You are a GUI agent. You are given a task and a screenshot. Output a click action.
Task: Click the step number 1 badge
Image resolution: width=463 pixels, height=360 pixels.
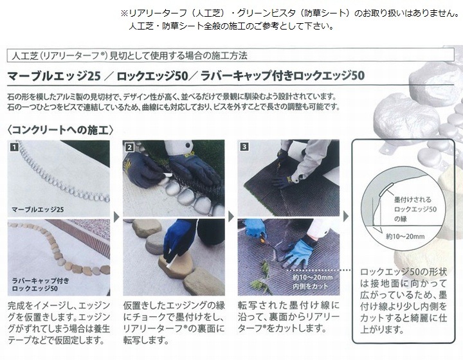pos(14,147)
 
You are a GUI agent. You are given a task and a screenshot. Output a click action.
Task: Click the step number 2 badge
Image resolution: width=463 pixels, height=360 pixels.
pos(129,147)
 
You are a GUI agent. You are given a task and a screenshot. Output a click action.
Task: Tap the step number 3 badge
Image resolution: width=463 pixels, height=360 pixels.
pos(244,147)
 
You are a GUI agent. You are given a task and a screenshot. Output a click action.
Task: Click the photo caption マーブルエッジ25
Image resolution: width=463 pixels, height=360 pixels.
pos(37,210)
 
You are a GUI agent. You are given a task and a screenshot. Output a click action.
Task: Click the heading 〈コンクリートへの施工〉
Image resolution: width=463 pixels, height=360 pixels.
pos(60,130)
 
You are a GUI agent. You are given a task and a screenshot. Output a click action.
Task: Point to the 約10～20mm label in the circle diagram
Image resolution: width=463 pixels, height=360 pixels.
pos(405,237)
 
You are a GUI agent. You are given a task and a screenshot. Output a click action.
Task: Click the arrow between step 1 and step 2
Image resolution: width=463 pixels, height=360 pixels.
pos(116,217)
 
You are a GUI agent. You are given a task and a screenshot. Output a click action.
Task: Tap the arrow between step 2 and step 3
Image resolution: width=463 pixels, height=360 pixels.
pos(232,217)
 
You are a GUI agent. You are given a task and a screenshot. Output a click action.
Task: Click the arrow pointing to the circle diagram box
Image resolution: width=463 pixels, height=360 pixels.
pos(346,217)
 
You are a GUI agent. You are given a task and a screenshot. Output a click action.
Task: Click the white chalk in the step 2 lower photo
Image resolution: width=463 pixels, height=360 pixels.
pos(169,261)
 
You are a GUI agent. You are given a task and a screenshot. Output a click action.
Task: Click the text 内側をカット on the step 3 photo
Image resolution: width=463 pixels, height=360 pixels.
pos(311,286)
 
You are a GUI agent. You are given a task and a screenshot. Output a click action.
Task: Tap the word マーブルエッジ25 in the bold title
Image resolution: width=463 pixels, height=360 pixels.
pos(54,76)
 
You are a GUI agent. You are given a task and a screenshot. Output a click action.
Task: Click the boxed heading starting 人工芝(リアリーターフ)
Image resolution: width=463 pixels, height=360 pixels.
pos(129,55)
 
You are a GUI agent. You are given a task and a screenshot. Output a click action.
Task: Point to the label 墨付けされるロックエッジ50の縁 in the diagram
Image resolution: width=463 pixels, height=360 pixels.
pos(415,209)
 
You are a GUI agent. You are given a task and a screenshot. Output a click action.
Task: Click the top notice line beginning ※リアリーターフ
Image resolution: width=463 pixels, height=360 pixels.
pos(289,14)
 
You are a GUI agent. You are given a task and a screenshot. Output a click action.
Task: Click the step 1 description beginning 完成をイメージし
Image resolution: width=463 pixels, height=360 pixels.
pos(59,323)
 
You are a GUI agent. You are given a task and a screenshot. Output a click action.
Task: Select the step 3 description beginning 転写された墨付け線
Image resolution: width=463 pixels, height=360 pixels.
pos(289,317)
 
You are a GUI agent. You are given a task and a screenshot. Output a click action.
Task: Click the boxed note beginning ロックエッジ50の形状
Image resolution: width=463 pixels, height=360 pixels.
pos(403,301)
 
